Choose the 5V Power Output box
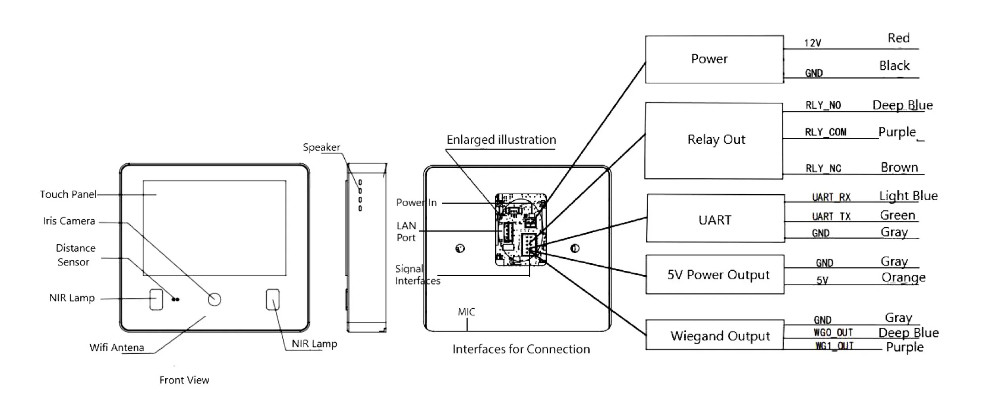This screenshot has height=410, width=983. (x=715, y=274)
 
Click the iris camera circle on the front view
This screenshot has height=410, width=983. (x=214, y=299)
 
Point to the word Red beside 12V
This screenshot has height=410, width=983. (x=899, y=38)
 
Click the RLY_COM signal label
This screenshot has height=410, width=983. (x=826, y=132)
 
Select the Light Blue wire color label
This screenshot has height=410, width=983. (x=908, y=196)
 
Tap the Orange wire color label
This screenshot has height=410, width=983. (x=903, y=277)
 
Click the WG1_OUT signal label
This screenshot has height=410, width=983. (x=834, y=346)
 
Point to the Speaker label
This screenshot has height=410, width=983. (x=321, y=147)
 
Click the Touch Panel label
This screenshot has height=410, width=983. (x=68, y=194)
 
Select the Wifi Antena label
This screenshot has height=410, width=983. (x=116, y=347)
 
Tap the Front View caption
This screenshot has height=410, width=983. (x=184, y=380)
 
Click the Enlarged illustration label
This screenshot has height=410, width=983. (x=501, y=140)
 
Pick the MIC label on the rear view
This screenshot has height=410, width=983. (x=466, y=312)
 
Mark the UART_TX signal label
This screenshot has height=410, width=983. (x=831, y=216)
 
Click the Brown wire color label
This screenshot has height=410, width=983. (x=899, y=167)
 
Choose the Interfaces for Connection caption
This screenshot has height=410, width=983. (x=521, y=349)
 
